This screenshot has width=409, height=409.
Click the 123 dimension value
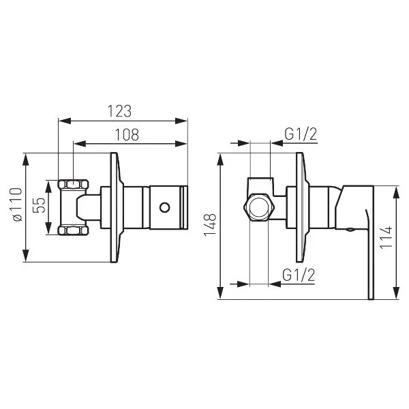pyautogui.click(x=120, y=111)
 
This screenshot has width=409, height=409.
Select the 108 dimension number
pyautogui.click(x=127, y=134)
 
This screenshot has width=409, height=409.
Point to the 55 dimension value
pyautogui.click(x=39, y=205)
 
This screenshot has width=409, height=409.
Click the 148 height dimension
pyautogui.click(x=210, y=224)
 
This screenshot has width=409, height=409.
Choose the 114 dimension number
pyautogui.click(x=386, y=237)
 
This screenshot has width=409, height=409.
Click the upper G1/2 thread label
pyautogui.click(x=301, y=134)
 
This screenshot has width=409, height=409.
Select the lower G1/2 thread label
pyautogui.click(x=299, y=275)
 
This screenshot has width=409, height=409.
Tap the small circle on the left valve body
pyautogui.click(x=165, y=208)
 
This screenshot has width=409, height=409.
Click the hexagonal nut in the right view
pyautogui.click(x=259, y=208)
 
